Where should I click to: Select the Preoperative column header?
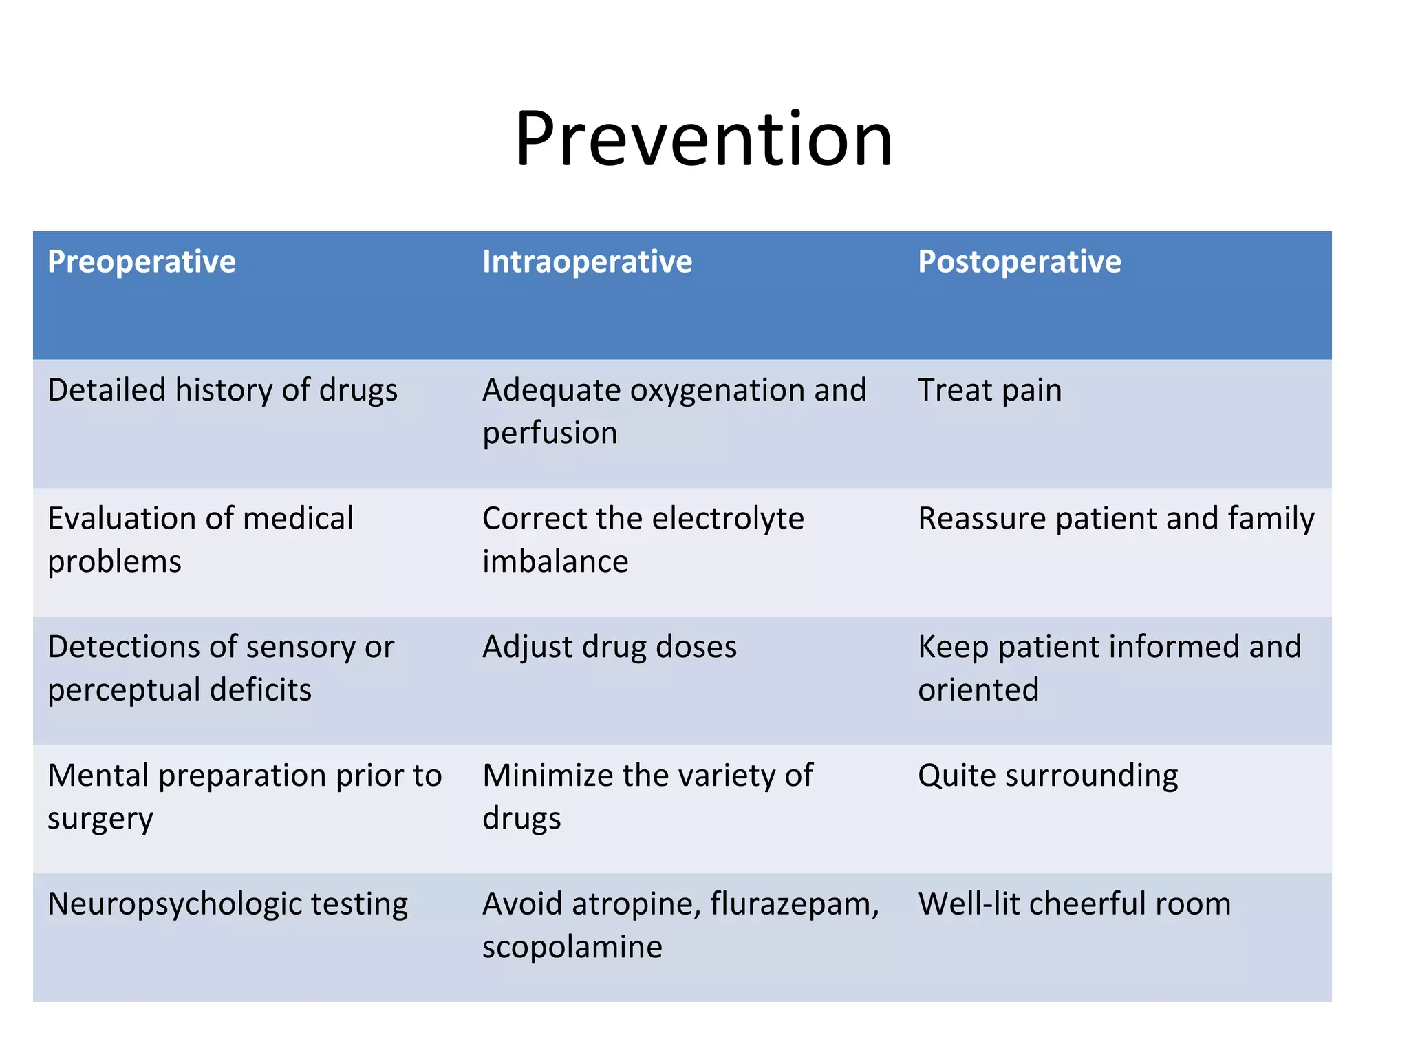point(142,262)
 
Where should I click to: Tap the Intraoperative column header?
point(587,262)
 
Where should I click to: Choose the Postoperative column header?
point(1019,262)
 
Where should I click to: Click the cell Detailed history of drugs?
point(222,390)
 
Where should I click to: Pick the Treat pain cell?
point(989,390)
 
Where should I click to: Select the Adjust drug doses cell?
point(609,648)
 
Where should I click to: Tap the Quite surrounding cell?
point(1047,776)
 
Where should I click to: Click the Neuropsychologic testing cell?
point(227,904)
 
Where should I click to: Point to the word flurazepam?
point(794,904)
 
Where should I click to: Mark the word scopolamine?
point(572,947)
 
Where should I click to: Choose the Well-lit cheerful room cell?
point(1074,904)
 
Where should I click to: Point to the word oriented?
point(978,690)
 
